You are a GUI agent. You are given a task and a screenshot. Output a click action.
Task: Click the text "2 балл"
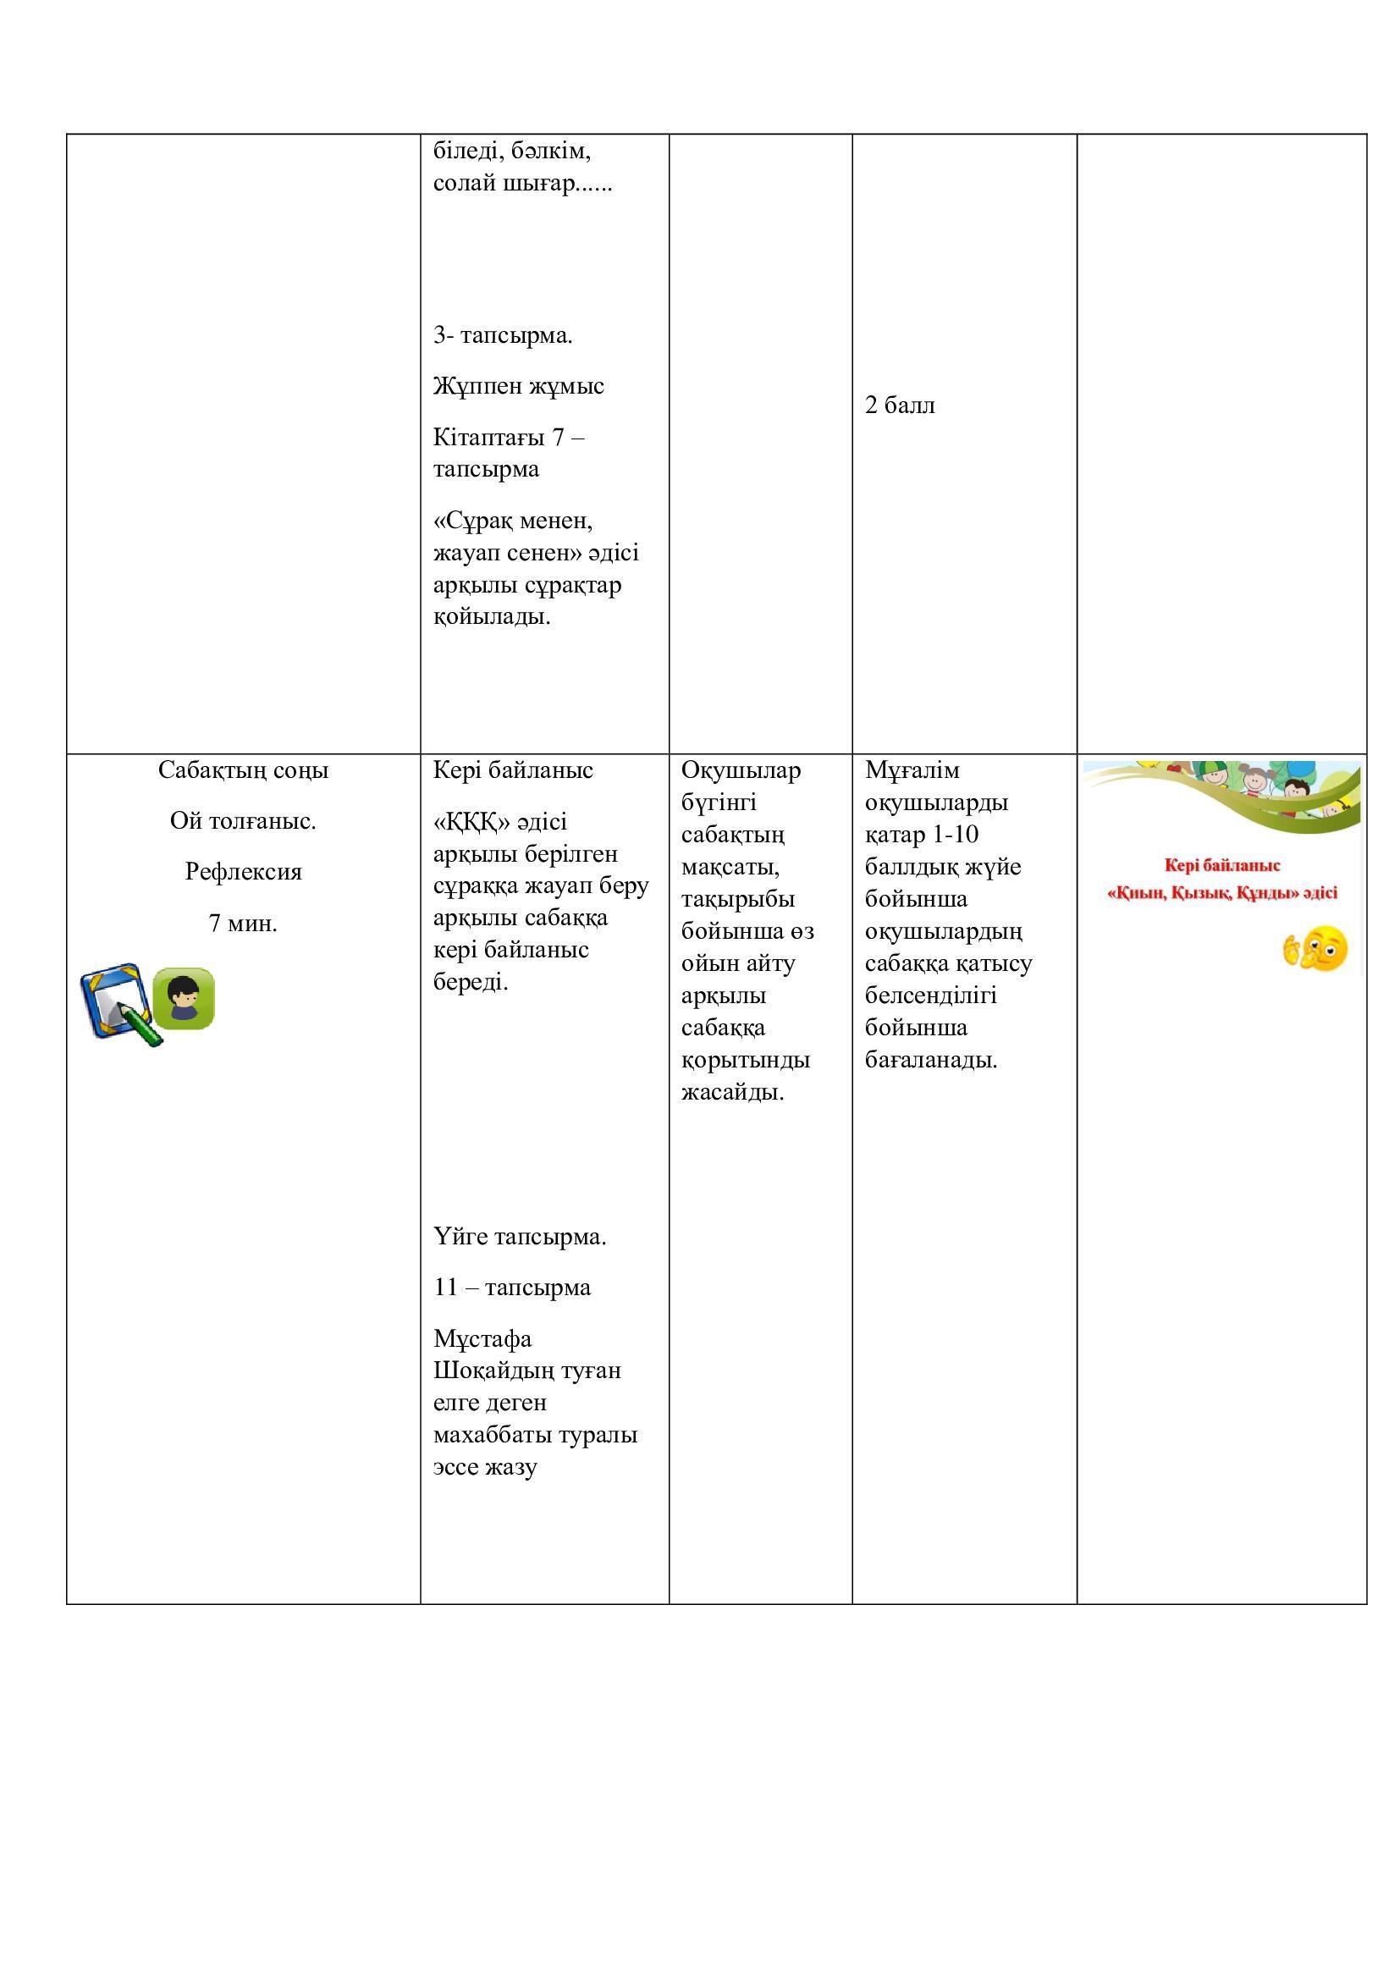click(x=899, y=405)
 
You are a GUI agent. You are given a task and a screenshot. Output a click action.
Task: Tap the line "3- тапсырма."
click(x=503, y=335)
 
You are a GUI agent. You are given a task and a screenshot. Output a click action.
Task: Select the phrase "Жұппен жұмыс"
click(x=518, y=385)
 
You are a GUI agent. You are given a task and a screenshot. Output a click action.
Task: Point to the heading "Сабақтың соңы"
click(x=243, y=770)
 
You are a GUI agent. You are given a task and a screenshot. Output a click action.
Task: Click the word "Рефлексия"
click(x=243, y=872)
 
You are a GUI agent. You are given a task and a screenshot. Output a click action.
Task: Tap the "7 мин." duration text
click(x=243, y=924)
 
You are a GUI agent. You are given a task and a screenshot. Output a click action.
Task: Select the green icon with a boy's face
click(x=184, y=999)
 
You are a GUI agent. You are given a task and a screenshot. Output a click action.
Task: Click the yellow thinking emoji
click(x=1315, y=950)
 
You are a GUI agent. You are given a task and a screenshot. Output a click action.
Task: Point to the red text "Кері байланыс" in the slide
click(x=1221, y=865)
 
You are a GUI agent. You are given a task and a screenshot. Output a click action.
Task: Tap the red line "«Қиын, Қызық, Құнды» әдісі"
click(x=1221, y=893)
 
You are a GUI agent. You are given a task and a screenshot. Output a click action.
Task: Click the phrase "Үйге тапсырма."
click(x=520, y=1238)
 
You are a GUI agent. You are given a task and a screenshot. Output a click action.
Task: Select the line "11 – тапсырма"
click(x=512, y=1288)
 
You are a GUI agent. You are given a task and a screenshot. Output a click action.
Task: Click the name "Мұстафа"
click(x=482, y=1339)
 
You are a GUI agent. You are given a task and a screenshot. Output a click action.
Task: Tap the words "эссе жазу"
click(x=484, y=1467)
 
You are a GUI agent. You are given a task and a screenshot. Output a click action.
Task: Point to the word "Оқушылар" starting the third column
click(x=741, y=770)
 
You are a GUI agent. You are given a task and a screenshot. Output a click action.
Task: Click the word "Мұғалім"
click(x=912, y=770)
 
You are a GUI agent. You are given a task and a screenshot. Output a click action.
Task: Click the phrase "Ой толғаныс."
click(x=243, y=821)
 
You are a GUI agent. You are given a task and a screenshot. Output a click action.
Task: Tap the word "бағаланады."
click(x=931, y=1060)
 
